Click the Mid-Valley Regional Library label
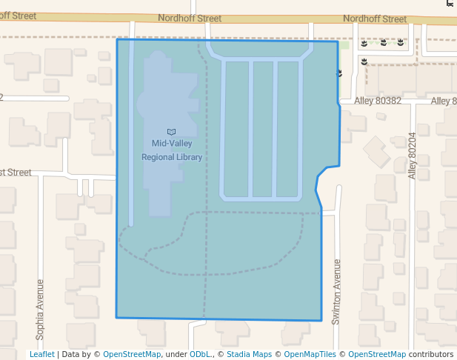coord(172,150)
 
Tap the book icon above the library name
coord(172,131)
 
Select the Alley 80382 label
coord(378,101)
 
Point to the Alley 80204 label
coord(413,156)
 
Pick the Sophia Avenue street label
coord(40,309)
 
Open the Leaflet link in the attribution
coord(42,355)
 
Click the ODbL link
coord(199,355)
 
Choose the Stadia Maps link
coord(249,355)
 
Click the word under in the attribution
coord(176,355)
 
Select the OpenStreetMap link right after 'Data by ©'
coord(132,355)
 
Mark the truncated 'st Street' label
coord(16,173)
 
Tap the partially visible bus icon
coord(450,2)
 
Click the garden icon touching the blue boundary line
coord(339,73)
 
